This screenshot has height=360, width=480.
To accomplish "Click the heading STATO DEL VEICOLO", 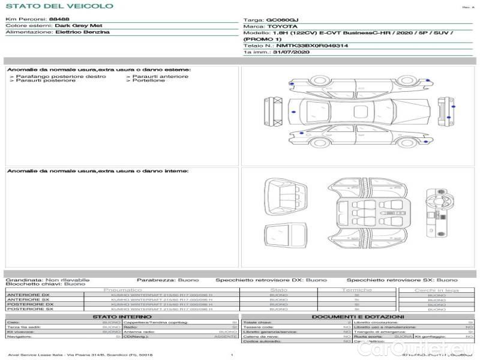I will [59, 6].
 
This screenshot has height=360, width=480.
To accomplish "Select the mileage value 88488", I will [59, 20].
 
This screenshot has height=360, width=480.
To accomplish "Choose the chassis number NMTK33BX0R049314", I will [312, 46].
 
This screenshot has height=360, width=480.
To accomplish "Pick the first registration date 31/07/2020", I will [290, 52].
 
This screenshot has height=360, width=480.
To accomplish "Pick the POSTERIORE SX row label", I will [29, 308].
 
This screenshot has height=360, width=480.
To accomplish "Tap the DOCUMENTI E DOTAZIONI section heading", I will [358, 316].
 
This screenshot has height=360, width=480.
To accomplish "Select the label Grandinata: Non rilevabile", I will [47, 280].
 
